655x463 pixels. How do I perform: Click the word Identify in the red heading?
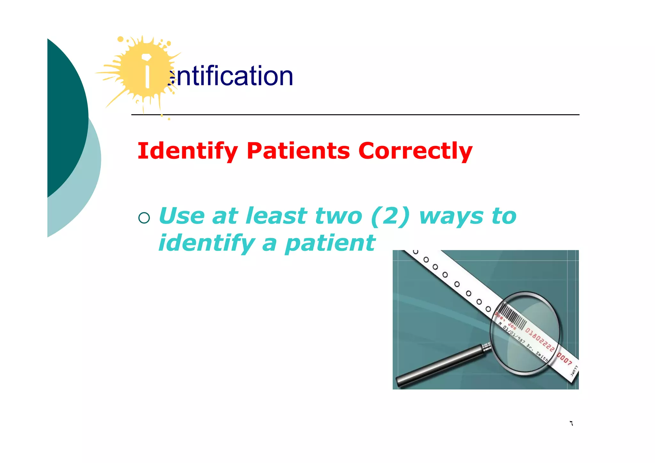(x=188, y=151)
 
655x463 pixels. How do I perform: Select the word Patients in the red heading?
(x=298, y=151)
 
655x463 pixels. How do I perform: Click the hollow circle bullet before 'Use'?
(x=144, y=218)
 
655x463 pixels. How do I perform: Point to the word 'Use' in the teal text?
(x=181, y=216)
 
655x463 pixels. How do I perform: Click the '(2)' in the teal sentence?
(x=390, y=216)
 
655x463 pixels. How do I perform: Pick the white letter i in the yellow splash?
(x=147, y=71)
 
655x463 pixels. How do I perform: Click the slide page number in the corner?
(x=571, y=423)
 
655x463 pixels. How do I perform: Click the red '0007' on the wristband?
(x=564, y=359)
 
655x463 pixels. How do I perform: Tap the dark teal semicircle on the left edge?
(x=66, y=118)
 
